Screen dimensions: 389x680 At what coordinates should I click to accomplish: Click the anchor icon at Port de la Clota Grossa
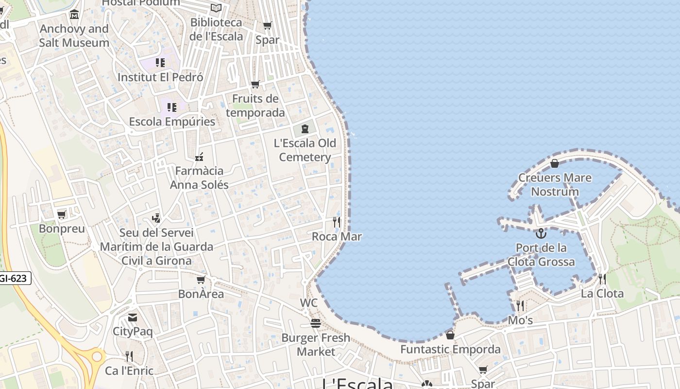541,233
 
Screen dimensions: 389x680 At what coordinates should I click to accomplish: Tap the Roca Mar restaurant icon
336,222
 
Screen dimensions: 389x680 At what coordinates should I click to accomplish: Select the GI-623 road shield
14,279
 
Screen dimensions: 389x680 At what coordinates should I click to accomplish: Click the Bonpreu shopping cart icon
62,214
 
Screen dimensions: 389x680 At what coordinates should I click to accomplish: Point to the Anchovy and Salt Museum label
74,35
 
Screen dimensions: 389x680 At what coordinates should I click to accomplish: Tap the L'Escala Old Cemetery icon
305,129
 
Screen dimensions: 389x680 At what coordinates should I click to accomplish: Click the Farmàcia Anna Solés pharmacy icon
199,157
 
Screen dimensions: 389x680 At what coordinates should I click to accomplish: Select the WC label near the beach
308,303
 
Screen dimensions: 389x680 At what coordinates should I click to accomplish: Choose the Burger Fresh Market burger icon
316,323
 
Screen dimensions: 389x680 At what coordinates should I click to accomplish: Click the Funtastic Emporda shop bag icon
450,335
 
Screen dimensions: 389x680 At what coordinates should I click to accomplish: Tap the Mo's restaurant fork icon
520,306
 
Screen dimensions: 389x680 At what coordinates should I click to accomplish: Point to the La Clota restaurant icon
602,279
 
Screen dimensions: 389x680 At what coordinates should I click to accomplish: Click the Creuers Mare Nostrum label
555,184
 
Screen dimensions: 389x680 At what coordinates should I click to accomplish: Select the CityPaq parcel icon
133,318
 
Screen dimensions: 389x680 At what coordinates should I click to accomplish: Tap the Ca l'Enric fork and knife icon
129,356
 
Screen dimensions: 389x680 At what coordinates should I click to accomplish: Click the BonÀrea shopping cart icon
201,280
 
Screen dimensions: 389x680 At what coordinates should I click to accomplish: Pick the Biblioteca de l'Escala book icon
216,8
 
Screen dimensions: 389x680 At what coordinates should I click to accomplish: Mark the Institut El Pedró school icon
160,63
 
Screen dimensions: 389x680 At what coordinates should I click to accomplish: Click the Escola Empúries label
172,122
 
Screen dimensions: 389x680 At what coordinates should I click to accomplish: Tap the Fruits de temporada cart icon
255,85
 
